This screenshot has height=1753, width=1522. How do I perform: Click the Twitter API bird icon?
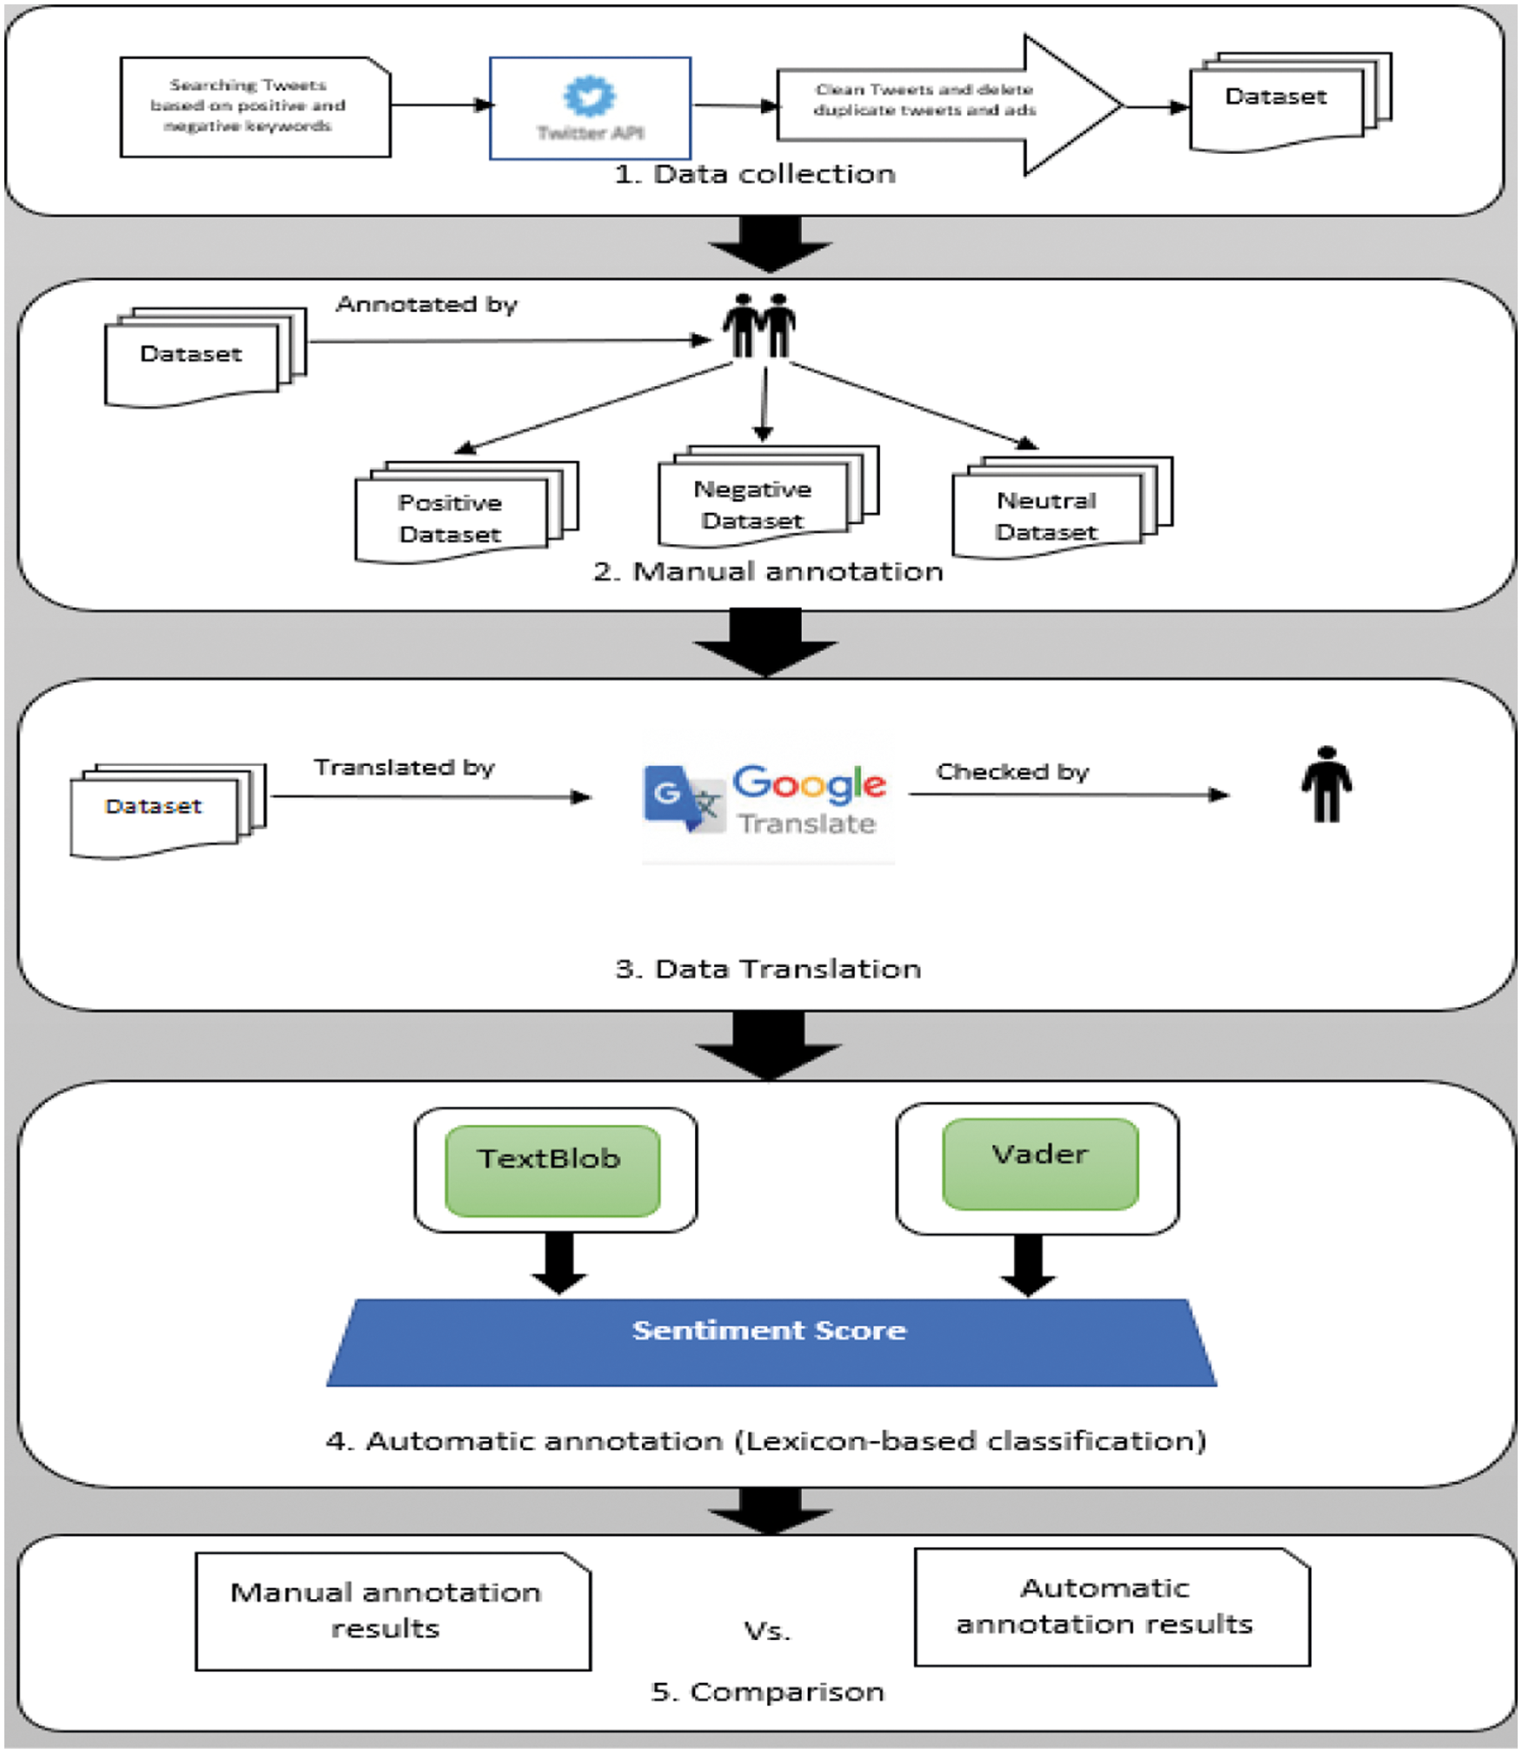click(590, 96)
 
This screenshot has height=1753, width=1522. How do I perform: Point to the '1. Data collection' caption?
click(754, 174)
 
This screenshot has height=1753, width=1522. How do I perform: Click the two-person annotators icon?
click(758, 325)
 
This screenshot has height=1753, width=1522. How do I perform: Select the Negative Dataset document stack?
click(761, 500)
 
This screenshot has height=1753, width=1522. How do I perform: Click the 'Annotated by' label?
click(426, 304)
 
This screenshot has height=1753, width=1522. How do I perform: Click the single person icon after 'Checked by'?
click(1325, 784)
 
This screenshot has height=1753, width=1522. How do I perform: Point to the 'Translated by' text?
click(404, 767)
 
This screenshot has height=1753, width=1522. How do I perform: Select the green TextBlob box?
click(552, 1169)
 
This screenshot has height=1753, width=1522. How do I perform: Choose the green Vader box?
click(1040, 1163)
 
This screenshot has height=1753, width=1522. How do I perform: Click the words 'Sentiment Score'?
click(769, 1330)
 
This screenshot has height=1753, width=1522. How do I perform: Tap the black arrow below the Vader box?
click(1028, 1264)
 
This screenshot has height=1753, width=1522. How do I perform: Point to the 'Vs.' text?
click(767, 1630)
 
